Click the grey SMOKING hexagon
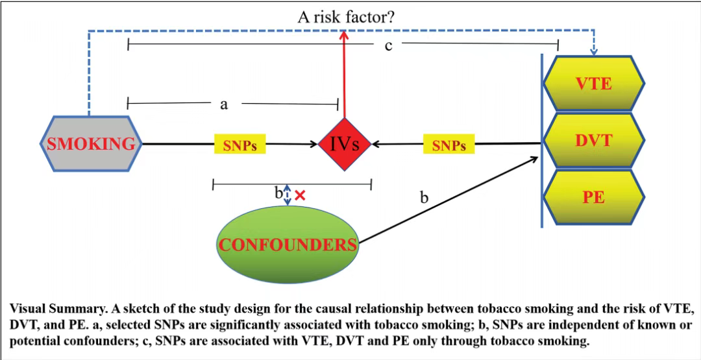click(x=90, y=143)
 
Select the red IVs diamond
click(x=344, y=144)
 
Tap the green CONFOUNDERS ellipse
click(x=288, y=244)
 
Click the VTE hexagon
click(x=593, y=84)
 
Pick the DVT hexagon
click(x=593, y=140)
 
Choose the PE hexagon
click(x=593, y=197)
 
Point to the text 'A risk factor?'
click(x=345, y=18)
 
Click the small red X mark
click(x=300, y=195)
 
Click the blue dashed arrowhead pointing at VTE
click(x=594, y=51)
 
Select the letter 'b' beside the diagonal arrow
click(x=424, y=197)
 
